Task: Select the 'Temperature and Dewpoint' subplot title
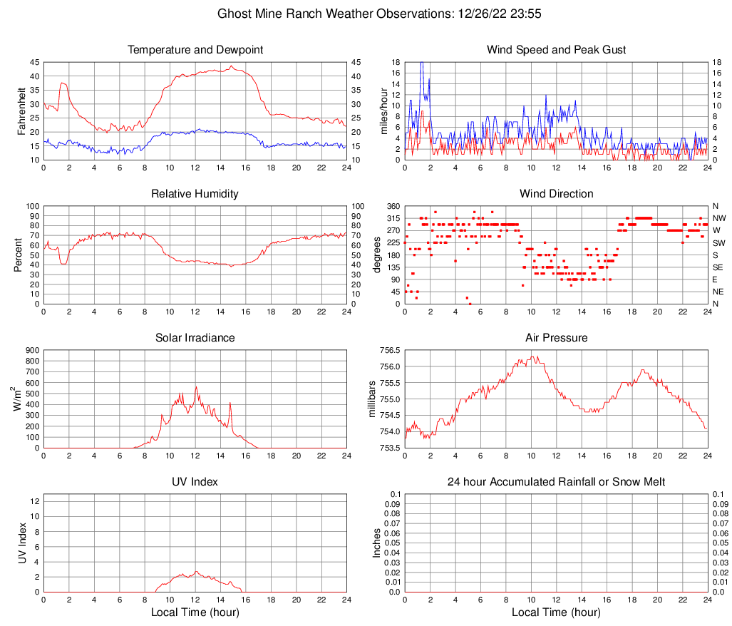coord(195,50)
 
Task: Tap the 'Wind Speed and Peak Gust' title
coord(556,50)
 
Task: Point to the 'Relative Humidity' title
coord(195,194)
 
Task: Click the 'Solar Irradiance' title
coord(195,338)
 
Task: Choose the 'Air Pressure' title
coord(556,338)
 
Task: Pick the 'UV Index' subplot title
coord(195,482)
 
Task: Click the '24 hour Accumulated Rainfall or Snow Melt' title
coord(556,482)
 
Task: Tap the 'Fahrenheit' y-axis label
coord(21,111)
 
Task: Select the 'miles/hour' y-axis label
coord(383,111)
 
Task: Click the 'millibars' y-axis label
coord(371,399)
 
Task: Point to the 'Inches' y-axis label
coord(377,543)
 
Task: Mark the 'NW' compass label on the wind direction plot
coord(719,218)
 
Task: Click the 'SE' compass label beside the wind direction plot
coord(718,267)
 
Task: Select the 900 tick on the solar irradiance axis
coord(32,351)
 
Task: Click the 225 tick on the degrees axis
coord(392,243)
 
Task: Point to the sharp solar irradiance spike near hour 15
coord(230,404)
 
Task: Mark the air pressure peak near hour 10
coord(532,357)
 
